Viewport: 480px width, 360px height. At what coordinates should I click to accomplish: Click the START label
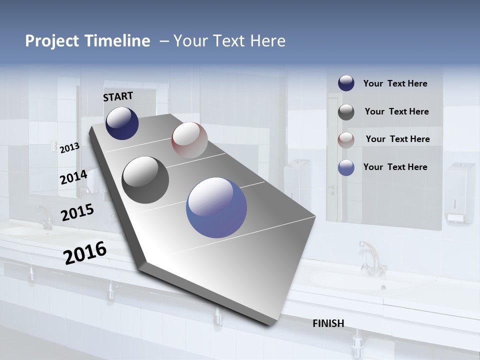(x=118, y=96)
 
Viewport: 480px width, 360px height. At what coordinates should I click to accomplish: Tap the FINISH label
(x=328, y=323)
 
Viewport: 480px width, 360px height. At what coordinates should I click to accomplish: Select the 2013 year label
(x=69, y=148)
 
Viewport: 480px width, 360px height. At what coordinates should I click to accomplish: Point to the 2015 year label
(x=77, y=212)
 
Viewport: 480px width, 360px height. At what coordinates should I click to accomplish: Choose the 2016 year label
(x=85, y=253)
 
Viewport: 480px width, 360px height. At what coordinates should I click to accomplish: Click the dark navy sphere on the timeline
(x=122, y=123)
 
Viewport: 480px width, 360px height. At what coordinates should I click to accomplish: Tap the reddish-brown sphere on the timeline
(x=189, y=140)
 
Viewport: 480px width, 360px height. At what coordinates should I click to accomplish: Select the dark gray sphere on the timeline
(x=145, y=180)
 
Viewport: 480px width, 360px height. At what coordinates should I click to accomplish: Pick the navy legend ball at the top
(x=346, y=83)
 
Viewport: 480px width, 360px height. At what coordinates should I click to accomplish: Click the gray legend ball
(x=346, y=111)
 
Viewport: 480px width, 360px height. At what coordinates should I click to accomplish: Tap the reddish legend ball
(x=346, y=139)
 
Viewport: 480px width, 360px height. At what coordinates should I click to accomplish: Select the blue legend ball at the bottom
(x=346, y=167)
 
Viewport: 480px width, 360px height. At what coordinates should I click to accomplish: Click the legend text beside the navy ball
(x=395, y=83)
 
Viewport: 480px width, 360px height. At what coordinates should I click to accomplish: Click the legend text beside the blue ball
(x=395, y=167)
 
